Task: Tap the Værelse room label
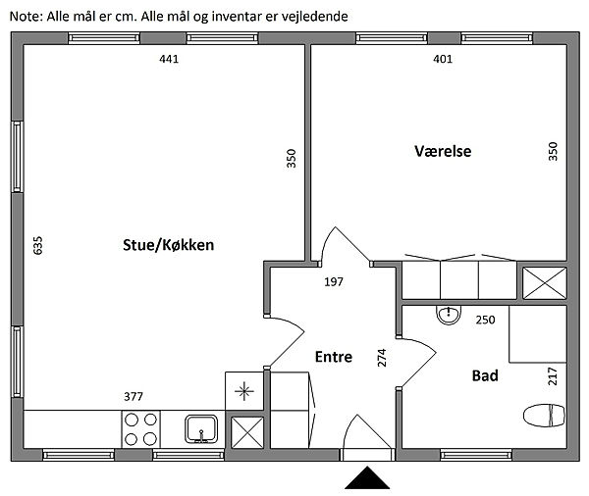coord(443,152)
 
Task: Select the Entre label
coord(333,358)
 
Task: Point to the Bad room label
coord(485,375)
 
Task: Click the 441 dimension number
coord(170,59)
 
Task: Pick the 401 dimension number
coord(443,59)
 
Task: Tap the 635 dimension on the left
coord(39,245)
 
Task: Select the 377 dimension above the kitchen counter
coord(134,397)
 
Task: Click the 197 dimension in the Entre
coord(334,282)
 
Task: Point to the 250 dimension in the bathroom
coord(485,320)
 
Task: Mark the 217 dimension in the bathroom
coord(553,374)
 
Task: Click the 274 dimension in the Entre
coord(383,359)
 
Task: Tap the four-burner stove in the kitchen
coord(140,429)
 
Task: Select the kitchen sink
coord(202,428)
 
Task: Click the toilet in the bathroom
coord(546,416)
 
